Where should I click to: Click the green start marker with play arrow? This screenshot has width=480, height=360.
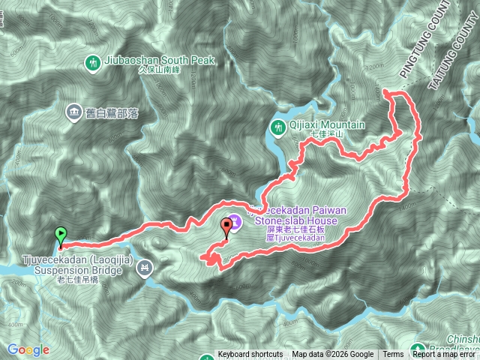pyautogui.click(x=61, y=235)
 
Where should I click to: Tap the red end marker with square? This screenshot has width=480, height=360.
pyautogui.click(x=227, y=225)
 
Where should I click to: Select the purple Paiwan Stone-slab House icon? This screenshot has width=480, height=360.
pyautogui.click(x=235, y=220)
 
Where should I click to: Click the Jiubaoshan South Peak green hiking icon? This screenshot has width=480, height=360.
pyautogui.click(x=93, y=61)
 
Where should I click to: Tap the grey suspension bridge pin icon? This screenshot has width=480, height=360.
pyautogui.click(x=145, y=267)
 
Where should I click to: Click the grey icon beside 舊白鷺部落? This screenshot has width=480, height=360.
pyautogui.click(x=73, y=112)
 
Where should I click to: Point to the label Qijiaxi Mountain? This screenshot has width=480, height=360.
pyautogui.click(x=327, y=125)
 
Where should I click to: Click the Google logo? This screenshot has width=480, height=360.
pyautogui.click(x=28, y=349)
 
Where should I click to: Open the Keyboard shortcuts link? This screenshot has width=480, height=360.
pyautogui.click(x=250, y=355)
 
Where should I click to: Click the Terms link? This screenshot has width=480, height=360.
pyautogui.click(x=393, y=355)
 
